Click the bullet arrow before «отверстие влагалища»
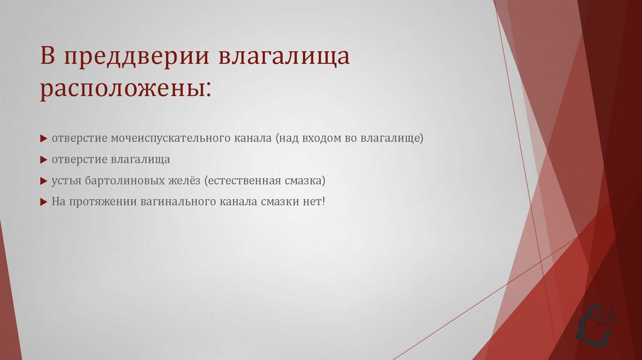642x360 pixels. (x=43, y=160)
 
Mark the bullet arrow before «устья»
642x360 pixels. (x=43, y=181)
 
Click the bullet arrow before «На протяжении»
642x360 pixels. (x=43, y=203)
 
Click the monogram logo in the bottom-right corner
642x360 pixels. (x=601, y=323)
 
